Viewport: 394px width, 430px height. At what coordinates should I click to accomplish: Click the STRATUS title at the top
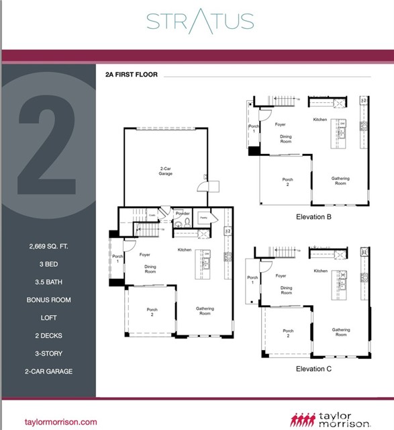pos(200,21)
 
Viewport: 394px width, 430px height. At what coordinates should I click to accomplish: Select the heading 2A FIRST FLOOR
pos(132,75)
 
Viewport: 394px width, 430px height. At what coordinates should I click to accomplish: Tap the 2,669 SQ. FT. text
pos(48,246)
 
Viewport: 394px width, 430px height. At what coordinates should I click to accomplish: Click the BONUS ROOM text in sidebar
pos(48,300)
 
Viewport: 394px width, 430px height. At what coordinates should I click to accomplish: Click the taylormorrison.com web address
pos(61,422)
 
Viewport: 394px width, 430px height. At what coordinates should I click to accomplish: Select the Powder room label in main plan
pos(183,214)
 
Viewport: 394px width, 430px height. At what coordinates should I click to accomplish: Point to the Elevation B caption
pos(313,217)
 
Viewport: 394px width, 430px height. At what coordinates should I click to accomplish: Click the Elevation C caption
pos(313,368)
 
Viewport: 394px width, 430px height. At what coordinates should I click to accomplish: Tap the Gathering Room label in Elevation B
pos(340,181)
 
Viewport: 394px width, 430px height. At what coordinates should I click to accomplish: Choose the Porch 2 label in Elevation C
pos(288,333)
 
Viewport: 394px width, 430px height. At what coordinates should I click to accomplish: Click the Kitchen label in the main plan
pos(185,250)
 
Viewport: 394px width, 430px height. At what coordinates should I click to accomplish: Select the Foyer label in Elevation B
pos(281,124)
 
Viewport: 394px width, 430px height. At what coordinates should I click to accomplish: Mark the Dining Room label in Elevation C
pos(287,290)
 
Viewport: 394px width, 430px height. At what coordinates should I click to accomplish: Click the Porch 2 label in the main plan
pos(152,312)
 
